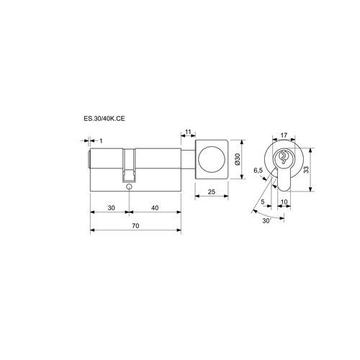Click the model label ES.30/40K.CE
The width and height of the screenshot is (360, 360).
(104, 119)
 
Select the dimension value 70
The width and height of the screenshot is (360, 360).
(135, 226)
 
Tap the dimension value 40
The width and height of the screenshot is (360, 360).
(155, 207)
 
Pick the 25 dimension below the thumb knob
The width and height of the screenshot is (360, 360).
(212, 192)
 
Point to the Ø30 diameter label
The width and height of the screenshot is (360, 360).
(238, 159)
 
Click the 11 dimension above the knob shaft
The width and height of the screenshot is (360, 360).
(188, 132)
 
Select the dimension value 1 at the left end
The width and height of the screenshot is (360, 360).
(101, 141)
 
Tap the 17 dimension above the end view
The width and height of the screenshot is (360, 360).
(284, 135)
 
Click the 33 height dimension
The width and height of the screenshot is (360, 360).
(306, 169)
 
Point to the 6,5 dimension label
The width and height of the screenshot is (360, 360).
(258, 171)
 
